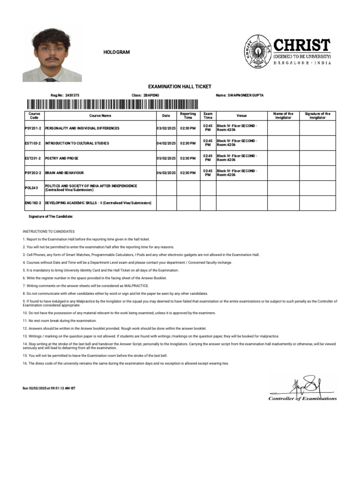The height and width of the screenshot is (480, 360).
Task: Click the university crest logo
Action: click(257, 52)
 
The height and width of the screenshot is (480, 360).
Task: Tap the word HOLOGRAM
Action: click(116, 52)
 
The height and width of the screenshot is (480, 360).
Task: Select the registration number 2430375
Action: click(72, 95)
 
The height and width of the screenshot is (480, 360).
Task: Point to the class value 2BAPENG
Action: click(151, 95)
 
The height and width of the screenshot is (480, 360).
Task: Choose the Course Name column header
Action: click(100, 116)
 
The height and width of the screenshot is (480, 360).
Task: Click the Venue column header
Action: click(241, 116)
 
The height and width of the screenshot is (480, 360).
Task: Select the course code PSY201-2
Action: click(33, 128)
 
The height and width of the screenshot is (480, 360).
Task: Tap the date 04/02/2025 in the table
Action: click(166, 143)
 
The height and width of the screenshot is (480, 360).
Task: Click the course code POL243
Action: click(31, 188)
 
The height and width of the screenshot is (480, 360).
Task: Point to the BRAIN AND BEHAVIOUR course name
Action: click(64, 173)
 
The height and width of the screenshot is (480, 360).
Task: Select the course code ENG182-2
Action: click(33, 203)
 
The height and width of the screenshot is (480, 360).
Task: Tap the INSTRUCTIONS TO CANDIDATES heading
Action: click(49, 232)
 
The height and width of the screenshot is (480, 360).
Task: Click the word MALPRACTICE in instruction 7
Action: click(138, 285)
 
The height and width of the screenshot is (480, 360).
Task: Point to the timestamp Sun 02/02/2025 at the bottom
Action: click(49, 388)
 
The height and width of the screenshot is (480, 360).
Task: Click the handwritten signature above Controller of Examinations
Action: click(305, 385)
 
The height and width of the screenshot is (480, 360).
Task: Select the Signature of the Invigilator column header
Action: click(317, 116)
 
